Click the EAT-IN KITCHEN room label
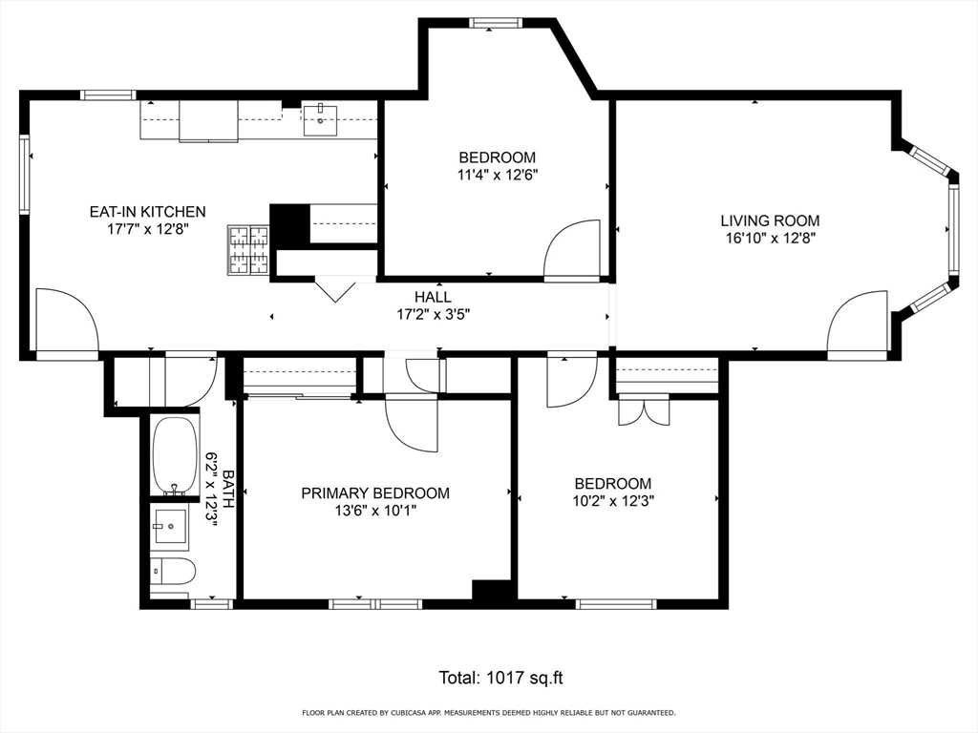tap(147, 212)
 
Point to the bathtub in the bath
tap(174, 456)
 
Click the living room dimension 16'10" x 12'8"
tap(770, 238)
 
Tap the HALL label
tap(433, 297)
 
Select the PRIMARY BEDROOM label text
tap(375, 493)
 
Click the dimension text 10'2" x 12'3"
tap(612, 500)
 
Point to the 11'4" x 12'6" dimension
tap(497, 175)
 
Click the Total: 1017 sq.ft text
tap(500, 678)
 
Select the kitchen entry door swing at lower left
tap(66, 324)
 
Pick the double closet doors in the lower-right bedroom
tap(644, 411)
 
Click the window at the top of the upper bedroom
tap(495, 23)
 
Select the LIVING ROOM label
tap(770, 220)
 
